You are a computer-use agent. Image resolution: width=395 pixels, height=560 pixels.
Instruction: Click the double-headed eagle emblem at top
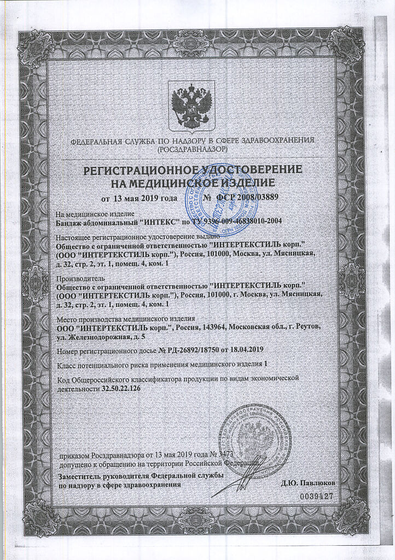click(x=192, y=105)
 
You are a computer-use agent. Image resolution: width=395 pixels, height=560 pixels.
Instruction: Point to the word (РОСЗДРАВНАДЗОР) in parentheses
click(x=192, y=149)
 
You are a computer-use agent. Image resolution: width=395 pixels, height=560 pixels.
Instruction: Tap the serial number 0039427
click(x=316, y=495)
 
